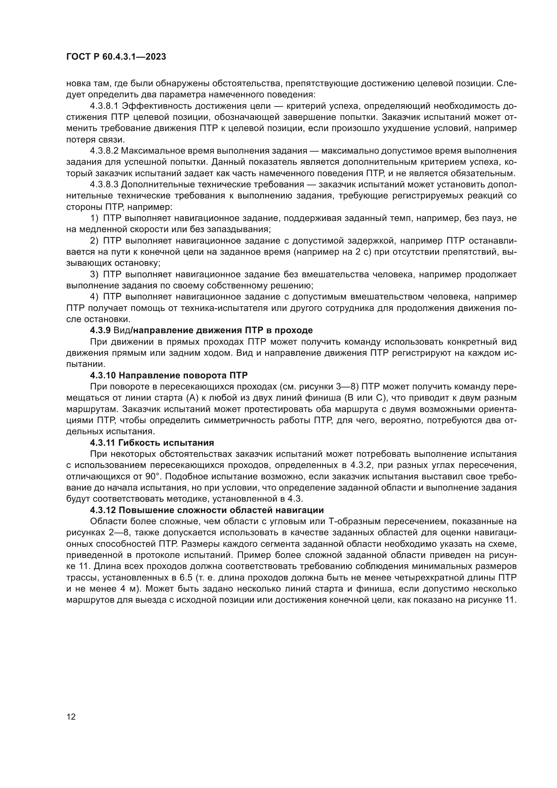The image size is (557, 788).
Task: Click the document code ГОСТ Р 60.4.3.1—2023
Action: click(x=116, y=57)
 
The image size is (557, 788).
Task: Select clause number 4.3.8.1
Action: click(x=104, y=106)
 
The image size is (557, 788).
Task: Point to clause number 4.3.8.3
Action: click(x=104, y=184)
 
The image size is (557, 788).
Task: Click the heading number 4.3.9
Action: click(x=100, y=330)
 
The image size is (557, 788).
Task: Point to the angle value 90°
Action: click(x=153, y=476)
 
